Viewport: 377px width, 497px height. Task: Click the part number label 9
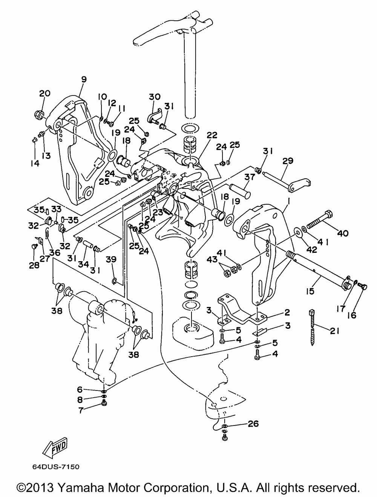pyautogui.click(x=84, y=79)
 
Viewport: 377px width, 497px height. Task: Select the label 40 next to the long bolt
pyautogui.click(x=343, y=233)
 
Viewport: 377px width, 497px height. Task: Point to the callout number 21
pyautogui.click(x=335, y=331)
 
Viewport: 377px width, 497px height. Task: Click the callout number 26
pyautogui.click(x=253, y=424)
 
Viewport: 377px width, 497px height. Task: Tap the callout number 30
pyautogui.click(x=155, y=97)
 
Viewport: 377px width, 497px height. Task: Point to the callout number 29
pyautogui.click(x=288, y=161)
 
